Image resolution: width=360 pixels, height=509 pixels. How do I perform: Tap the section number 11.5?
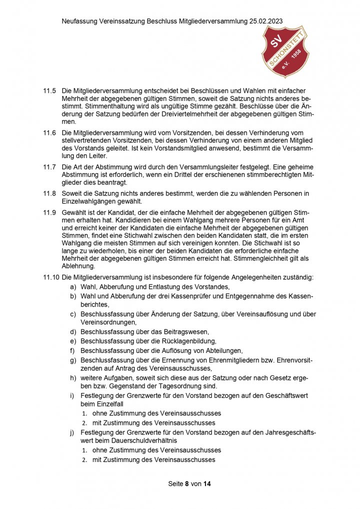[49, 91]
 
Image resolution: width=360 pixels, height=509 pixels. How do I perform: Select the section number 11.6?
[49, 133]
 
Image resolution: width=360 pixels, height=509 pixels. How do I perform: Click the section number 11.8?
[49, 192]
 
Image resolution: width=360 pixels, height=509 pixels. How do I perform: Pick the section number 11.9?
[49, 212]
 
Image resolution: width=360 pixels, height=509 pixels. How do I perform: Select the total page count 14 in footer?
[207, 484]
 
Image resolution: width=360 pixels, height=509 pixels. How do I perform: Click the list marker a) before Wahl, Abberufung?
[73, 286]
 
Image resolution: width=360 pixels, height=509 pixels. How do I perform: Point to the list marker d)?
[73, 331]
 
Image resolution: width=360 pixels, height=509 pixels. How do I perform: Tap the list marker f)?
[73, 350]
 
